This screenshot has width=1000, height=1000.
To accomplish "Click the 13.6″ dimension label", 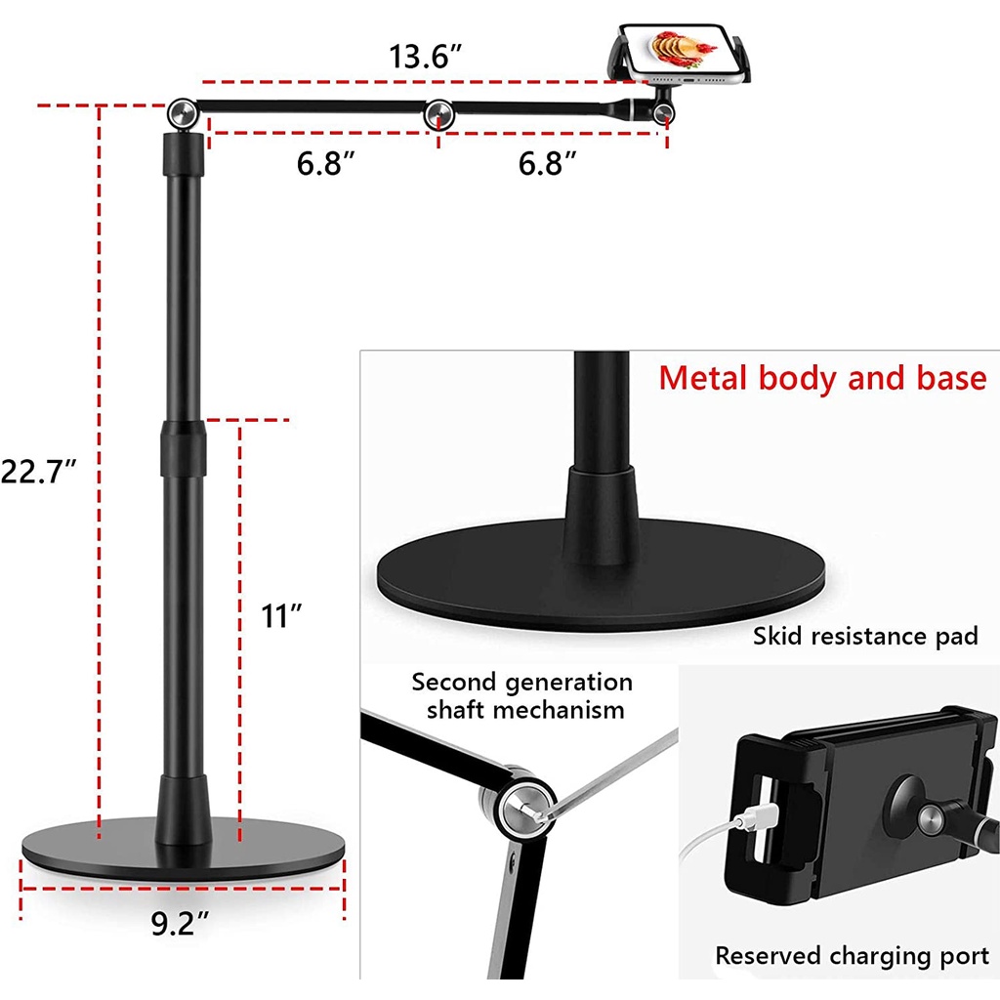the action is pyautogui.click(x=425, y=56).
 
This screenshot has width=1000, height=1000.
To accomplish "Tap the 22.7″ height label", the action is pyautogui.click(x=38, y=472).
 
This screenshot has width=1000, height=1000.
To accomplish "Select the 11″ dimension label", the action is pyautogui.click(x=281, y=616).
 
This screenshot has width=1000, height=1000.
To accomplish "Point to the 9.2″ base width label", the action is pyautogui.click(x=180, y=924).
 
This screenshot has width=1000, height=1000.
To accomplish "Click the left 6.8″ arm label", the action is pyautogui.click(x=325, y=163).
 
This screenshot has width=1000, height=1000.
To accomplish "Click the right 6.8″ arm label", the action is pyautogui.click(x=547, y=163).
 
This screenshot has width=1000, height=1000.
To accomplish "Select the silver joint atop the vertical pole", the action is pyautogui.click(x=183, y=114).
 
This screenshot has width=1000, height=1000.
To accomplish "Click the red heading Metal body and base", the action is pyautogui.click(x=822, y=378).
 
